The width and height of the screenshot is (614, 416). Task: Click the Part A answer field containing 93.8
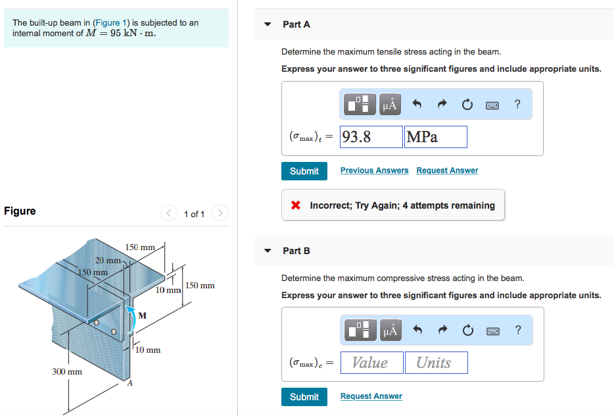(371, 137)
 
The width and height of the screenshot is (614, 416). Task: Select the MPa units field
(436, 137)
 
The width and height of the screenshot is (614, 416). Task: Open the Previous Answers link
(374, 170)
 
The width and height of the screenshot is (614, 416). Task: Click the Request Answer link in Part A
(447, 170)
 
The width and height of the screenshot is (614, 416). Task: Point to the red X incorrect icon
(296, 205)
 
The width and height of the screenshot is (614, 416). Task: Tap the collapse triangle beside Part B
(268, 251)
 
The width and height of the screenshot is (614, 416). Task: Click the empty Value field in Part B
(369, 363)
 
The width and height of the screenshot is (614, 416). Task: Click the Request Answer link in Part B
(371, 396)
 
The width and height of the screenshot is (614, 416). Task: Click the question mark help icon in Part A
(517, 104)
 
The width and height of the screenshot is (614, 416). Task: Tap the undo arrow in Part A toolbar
(416, 104)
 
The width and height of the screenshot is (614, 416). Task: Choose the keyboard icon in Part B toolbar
(493, 330)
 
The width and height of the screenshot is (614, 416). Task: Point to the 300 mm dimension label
(67, 372)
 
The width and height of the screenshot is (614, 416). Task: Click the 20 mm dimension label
(108, 260)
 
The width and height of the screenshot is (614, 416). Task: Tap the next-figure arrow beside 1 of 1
(220, 213)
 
